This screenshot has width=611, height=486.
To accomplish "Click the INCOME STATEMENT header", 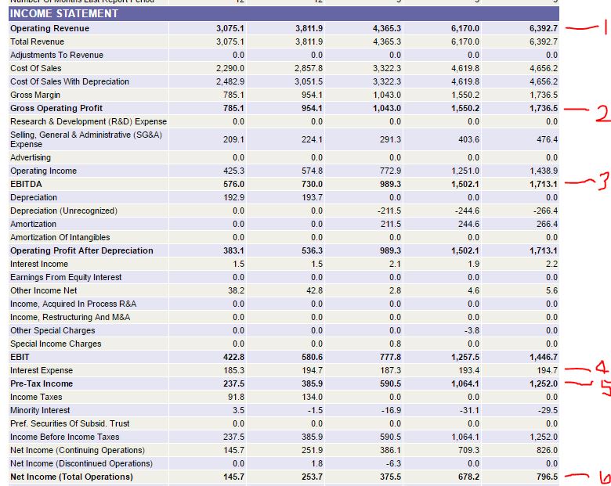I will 64,13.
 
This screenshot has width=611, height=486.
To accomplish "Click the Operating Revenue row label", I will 49,28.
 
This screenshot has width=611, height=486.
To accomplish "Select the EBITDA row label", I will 27,184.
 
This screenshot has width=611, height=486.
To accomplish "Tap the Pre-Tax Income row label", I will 42,383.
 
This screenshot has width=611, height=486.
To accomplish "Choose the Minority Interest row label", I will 40,410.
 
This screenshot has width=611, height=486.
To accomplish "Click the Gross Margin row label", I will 35,95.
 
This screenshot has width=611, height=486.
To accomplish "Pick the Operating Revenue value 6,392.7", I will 543,28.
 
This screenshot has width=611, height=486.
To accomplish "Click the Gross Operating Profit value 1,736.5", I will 543,108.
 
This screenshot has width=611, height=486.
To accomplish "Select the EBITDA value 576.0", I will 233,184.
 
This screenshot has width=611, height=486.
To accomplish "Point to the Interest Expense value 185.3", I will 233,370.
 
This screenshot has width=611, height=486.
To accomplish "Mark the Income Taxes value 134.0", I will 312,397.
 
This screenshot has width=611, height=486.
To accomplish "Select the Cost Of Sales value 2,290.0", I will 230,68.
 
